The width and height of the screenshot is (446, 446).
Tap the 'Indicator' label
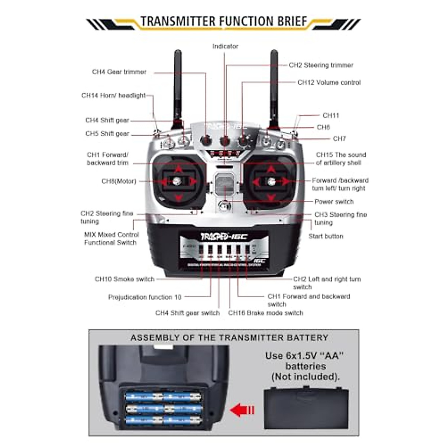pos(225,46)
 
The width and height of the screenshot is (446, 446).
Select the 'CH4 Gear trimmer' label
pos(119,72)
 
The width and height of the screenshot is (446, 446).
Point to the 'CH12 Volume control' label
pos(329,83)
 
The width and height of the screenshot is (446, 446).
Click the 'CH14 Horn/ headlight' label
pos(113,96)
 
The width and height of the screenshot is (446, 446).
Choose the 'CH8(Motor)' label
pos(119,181)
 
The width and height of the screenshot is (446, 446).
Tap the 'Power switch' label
pos(334,202)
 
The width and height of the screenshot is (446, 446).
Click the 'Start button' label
pos(326,236)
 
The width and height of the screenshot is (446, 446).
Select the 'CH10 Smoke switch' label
pos(124,279)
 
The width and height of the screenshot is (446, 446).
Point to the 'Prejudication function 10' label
pos(145,297)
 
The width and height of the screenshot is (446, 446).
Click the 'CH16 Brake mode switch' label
pos(265,313)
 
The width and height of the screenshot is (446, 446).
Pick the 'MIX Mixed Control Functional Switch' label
pos(111,239)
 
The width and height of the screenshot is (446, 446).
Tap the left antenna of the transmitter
pos(178,85)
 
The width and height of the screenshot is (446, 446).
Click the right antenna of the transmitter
pos(274,85)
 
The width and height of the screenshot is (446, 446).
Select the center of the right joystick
pos(272,181)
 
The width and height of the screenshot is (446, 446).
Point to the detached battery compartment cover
pos(306,408)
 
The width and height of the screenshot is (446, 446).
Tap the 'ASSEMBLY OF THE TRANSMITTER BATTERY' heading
pos(229,338)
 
